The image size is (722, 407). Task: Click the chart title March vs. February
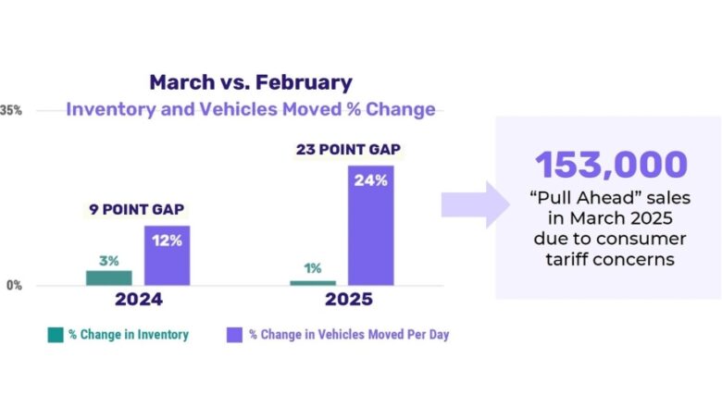(250, 82)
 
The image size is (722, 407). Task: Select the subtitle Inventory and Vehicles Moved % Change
(250, 109)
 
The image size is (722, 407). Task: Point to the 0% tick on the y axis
(14, 286)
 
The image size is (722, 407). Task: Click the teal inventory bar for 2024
(109, 277)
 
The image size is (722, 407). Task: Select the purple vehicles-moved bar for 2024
(167, 256)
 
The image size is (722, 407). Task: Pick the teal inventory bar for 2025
(313, 282)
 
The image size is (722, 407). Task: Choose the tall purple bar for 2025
(370, 226)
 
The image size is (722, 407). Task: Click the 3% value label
(109, 261)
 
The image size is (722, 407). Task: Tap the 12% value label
(167, 240)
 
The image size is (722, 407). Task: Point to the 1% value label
(313, 269)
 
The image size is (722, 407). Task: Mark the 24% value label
(370, 180)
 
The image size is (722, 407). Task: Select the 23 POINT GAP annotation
(347, 149)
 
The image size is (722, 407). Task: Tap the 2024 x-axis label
(138, 300)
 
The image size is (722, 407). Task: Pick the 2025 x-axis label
(348, 300)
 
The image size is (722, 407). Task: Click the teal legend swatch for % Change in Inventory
(56, 334)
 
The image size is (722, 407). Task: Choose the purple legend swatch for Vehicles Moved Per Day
(234, 334)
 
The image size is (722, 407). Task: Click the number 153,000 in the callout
(611, 165)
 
